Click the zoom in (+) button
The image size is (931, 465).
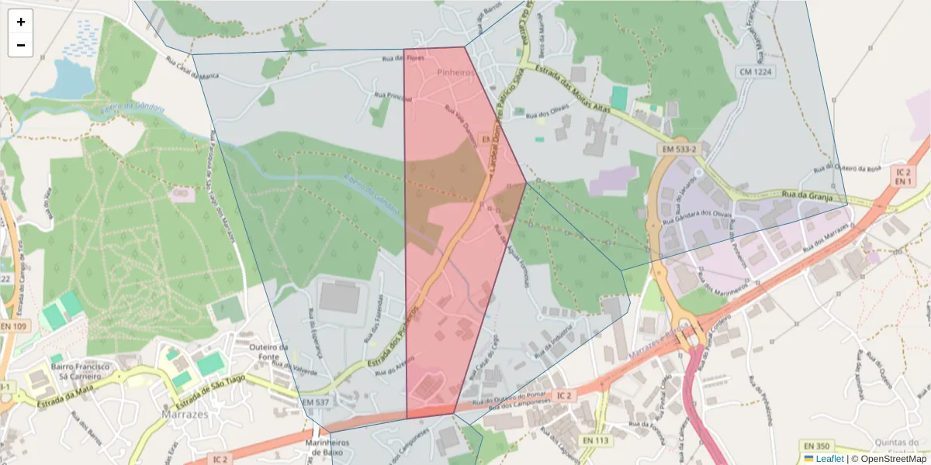(x=21, y=22)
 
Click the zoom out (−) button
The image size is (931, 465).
(x=21, y=46)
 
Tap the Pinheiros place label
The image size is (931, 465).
(x=455, y=72)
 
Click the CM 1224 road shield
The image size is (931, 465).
(x=756, y=71)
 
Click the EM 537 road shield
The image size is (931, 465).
(x=316, y=402)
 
